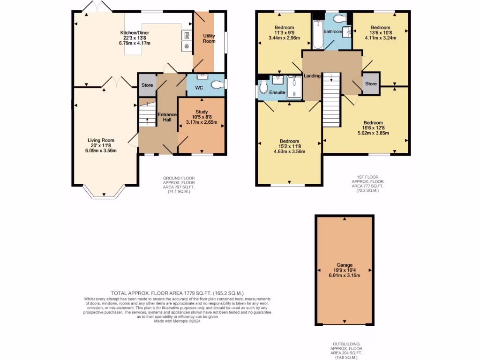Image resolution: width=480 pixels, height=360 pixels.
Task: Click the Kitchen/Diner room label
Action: [x=135, y=32]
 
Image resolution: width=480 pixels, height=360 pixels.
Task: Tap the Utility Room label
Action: [x=209, y=38]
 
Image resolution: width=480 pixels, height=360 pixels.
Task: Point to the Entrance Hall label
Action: [x=166, y=117]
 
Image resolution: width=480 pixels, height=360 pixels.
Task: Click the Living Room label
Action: [x=101, y=140]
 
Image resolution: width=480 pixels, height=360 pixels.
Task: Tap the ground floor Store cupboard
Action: [x=147, y=85]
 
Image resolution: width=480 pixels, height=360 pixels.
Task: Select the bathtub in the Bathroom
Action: [x=317, y=35]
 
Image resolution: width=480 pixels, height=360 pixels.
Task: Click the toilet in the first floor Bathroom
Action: [x=339, y=18]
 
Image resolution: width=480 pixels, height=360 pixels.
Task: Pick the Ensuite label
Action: [x=277, y=93]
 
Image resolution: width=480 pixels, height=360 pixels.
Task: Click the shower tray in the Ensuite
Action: [x=295, y=87]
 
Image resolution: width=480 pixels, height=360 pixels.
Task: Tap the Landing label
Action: [x=312, y=76]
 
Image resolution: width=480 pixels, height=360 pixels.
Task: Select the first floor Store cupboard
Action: [x=371, y=84]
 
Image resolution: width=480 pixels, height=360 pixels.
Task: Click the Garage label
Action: [x=344, y=265]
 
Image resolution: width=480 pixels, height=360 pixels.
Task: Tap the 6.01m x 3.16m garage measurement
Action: [x=344, y=275]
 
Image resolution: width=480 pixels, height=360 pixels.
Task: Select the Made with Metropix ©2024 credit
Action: [x=177, y=321]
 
